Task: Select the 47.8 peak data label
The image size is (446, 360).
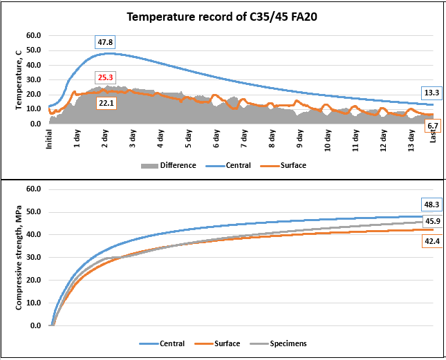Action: pyautogui.click(x=105, y=42)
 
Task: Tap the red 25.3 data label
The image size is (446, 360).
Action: pyautogui.click(x=105, y=77)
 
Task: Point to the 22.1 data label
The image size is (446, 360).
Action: pyautogui.click(x=106, y=103)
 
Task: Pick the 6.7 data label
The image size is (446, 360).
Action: pyautogui.click(x=433, y=126)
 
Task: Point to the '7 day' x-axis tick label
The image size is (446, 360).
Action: pyautogui.click(x=244, y=139)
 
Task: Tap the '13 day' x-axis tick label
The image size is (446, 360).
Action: pyautogui.click(x=411, y=140)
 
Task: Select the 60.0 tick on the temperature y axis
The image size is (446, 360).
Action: pyautogui.click(x=34, y=35)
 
